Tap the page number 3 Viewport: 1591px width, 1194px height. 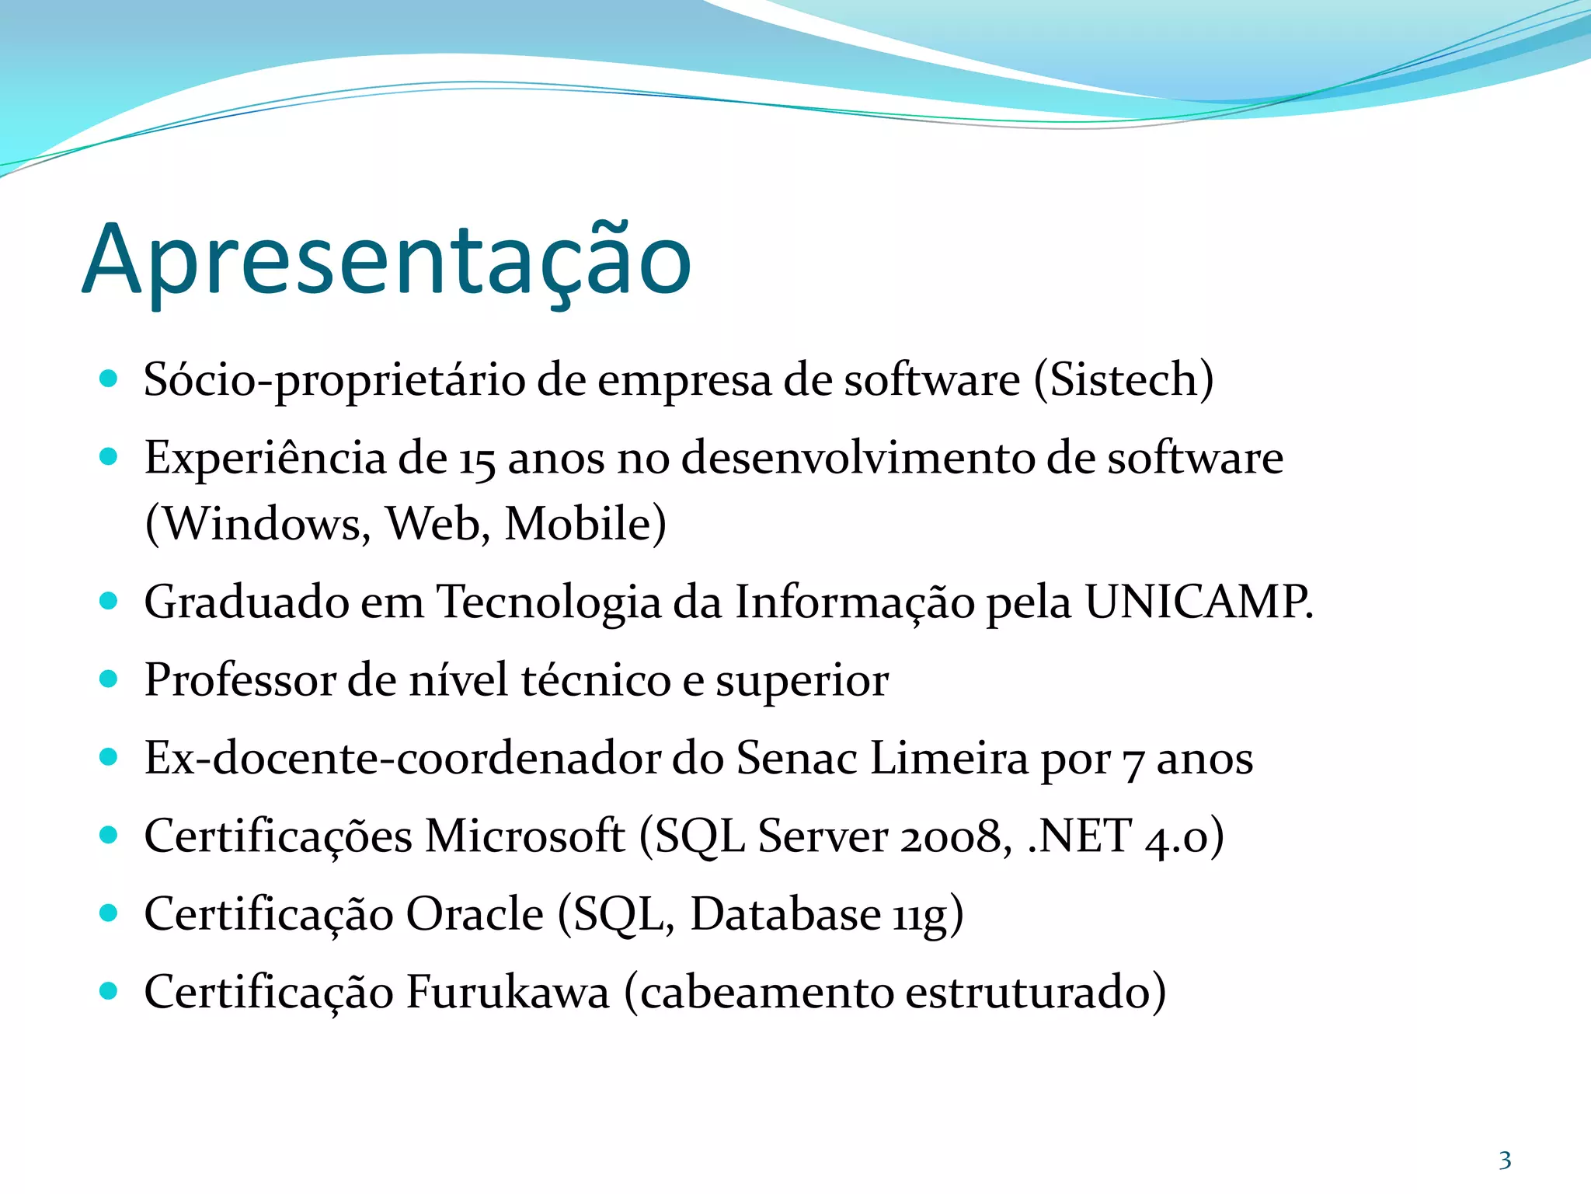(x=1505, y=1161)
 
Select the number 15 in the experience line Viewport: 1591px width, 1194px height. (x=476, y=459)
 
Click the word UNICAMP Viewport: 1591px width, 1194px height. (x=1196, y=602)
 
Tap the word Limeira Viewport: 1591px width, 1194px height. (x=949, y=758)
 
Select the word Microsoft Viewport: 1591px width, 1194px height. (x=524, y=836)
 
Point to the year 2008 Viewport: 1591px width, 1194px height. (x=955, y=836)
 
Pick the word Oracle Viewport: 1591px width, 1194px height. (x=475, y=914)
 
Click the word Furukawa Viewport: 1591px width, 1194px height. (x=507, y=993)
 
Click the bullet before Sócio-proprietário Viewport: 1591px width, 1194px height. (x=109, y=379)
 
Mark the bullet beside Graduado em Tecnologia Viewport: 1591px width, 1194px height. (x=109, y=601)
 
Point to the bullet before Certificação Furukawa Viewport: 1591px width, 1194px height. (x=109, y=991)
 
